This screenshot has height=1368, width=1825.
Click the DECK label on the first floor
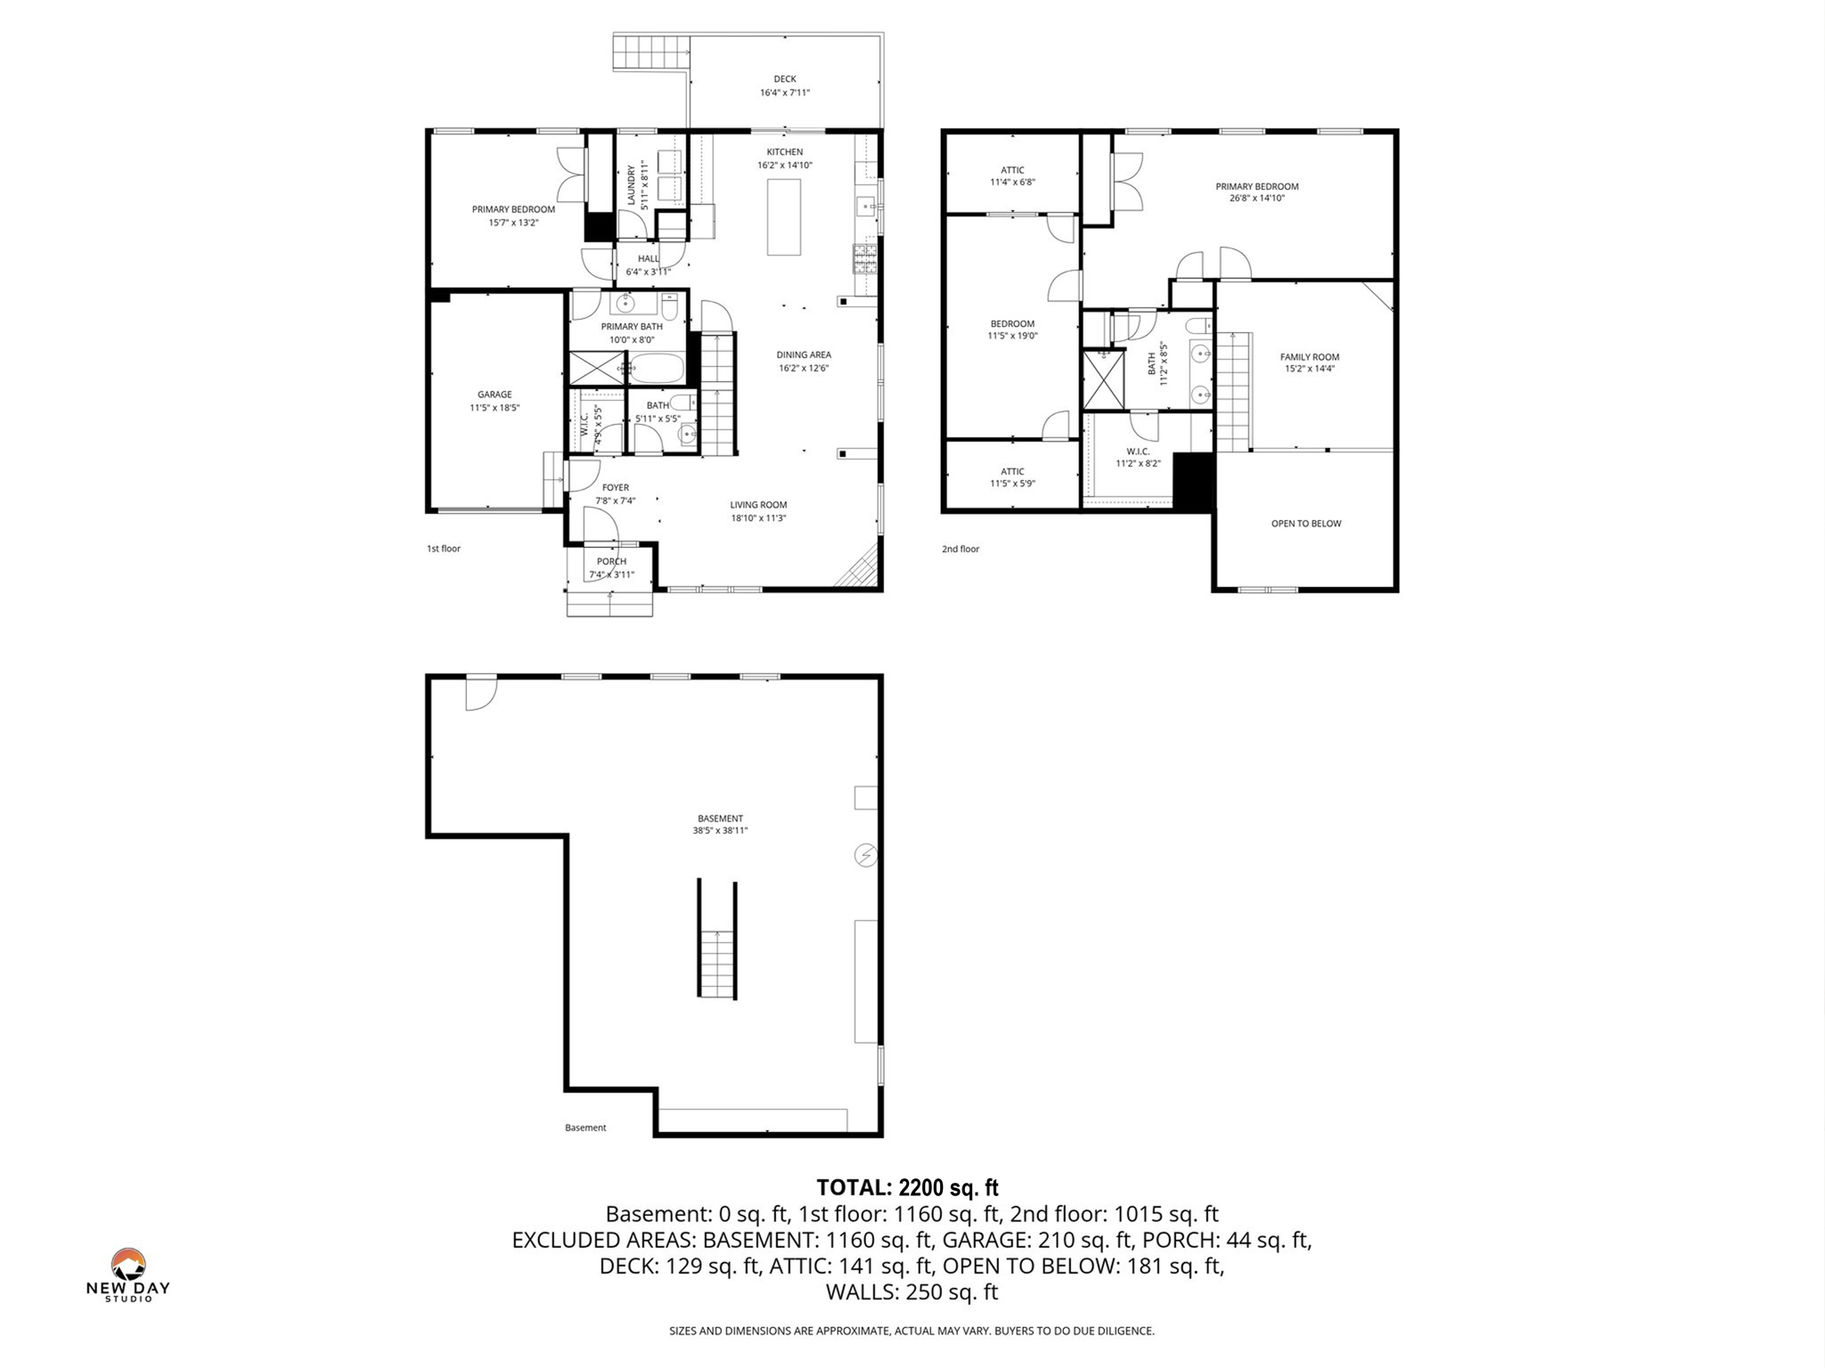coord(784,79)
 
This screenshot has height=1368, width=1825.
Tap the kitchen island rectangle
coord(784,217)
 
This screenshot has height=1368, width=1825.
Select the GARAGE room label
coord(495,395)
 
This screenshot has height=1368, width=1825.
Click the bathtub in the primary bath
coord(657,368)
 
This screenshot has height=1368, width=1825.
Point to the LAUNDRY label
coord(632,184)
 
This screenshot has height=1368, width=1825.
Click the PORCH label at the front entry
coord(611,561)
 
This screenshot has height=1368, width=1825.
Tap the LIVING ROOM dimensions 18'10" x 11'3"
coord(758,517)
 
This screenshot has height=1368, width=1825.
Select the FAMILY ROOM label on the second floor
coord(1309,357)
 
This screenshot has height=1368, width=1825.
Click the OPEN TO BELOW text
coord(1305,524)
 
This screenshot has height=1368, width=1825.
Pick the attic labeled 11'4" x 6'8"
coord(1012,175)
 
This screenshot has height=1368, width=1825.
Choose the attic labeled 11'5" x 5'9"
coord(1012,477)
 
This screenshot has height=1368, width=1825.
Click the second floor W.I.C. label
coord(1138,452)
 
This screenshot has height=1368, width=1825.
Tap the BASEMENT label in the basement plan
coord(720,818)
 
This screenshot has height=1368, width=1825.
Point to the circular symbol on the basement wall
coord(865,856)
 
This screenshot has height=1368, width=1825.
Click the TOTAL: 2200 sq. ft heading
coord(907,1187)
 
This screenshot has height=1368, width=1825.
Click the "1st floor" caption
coord(443,549)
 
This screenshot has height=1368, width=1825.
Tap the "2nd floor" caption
coord(960,549)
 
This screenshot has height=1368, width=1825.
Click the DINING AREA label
coord(804,354)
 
